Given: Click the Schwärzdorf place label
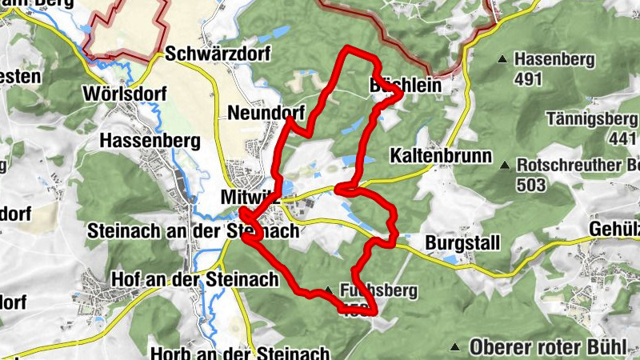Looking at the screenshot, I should [x=218, y=54].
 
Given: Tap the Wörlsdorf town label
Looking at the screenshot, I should [x=124, y=94].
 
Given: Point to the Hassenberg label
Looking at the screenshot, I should [x=150, y=141].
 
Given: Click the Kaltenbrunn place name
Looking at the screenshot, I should [x=441, y=155].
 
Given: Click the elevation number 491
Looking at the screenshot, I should [x=529, y=79].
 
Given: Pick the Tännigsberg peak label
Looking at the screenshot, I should [x=590, y=118].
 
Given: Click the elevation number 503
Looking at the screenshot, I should [x=531, y=186].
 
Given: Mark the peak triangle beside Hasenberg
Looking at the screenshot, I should [x=502, y=59].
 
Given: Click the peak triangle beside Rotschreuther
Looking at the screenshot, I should [x=505, y=166].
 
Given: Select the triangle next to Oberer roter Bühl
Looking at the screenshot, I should [x=456, y=347].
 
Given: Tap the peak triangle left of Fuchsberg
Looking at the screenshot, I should [x=328, y=290].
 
